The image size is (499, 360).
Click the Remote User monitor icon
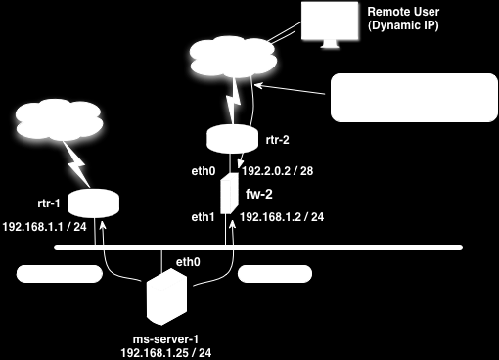pyautogui.click(x=331, y=24)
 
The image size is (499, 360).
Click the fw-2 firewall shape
pyautogui.click(x=228, y=194)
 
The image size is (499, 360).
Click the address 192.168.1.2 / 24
pyautogui.click(x=283, y=216)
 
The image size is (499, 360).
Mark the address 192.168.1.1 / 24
pyautogui.click(x=45, y=225)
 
